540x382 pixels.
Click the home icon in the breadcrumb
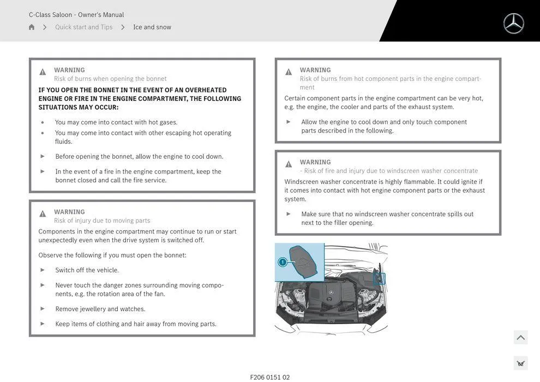click(32, 27)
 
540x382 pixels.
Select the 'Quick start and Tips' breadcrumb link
click(83, 27)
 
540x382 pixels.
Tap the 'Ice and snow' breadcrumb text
click(152, 27)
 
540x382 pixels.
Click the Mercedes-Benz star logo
click(513, 23)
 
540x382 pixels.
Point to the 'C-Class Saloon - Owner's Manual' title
click(76, 15)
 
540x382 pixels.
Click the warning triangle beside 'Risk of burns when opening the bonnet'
click(43, 72)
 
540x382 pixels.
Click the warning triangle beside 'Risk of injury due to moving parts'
click(43, 214)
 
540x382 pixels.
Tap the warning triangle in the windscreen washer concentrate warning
click(289, 164)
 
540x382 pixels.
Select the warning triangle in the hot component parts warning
click(289, 72)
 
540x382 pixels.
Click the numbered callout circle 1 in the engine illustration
click(283, 262)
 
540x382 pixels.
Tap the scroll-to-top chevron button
click(520, 338)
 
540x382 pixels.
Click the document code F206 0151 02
click(270, 377)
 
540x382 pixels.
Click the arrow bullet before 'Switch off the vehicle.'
click(43, 270)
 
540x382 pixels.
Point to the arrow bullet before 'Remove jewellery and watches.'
click(43, 309)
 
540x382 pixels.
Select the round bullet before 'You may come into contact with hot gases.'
click(43, 122)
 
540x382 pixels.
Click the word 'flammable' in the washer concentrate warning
click(418, 182)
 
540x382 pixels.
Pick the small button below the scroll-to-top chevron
click(520, 363)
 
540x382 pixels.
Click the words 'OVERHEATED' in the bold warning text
click(206, 90)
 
